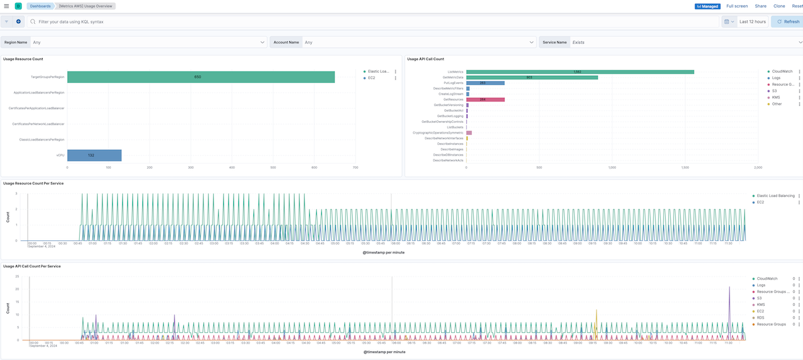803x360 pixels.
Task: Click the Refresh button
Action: (787, 21)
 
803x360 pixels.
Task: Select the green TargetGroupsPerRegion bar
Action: (201, 77)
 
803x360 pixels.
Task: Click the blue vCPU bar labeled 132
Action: (94, 155)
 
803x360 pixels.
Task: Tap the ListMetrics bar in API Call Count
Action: (580, 71)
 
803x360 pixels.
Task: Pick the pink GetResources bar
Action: (486, 99)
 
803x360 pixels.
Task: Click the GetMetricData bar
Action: (531, 77)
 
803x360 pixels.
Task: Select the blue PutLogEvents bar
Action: (485, 83)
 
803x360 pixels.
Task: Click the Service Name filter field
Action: (684, 42)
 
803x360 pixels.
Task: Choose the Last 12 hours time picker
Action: (752, 21)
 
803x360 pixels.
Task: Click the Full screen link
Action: (737, 6)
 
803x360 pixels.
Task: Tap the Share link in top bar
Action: (760, 6)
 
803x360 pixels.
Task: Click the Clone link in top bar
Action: (779, 6)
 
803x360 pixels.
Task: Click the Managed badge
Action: (708, 6)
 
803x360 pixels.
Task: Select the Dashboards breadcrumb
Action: (40, 6)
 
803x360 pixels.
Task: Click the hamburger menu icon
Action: (6, 6)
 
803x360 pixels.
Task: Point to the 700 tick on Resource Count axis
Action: (355, 167)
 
